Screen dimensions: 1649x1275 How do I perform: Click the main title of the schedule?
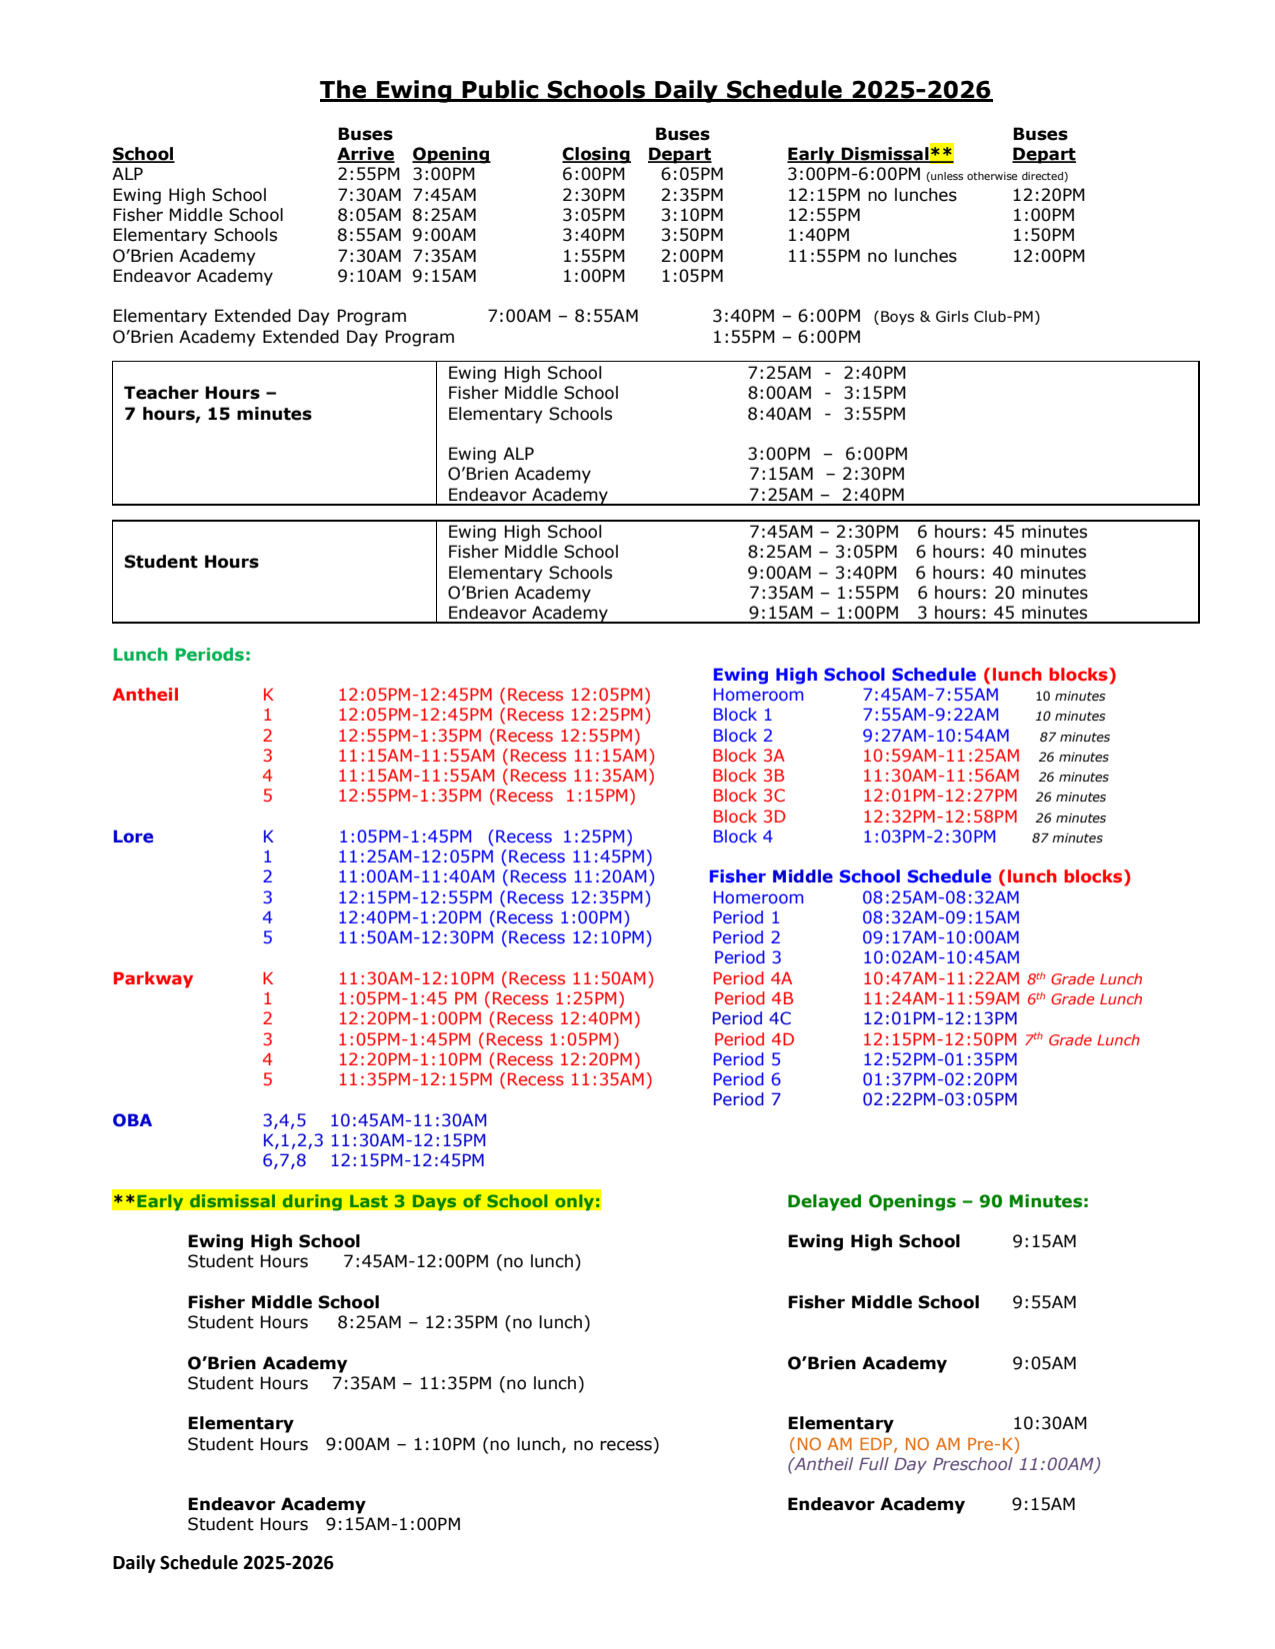(655, 90)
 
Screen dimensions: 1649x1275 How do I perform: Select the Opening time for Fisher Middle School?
(444, 215)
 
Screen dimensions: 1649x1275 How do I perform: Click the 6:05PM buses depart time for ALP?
(692, 174)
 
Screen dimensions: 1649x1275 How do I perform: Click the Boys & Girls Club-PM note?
(956, 317)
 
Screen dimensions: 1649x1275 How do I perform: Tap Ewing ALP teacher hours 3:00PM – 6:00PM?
(827, 454)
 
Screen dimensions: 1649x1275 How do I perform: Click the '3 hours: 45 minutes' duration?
(1002, 613)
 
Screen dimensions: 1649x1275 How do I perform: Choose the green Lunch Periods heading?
(181, 655)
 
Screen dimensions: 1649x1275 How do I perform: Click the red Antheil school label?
(145, 695)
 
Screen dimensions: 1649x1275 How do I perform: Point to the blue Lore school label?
(133, 836)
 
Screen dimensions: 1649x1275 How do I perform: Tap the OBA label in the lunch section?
(132, 1120)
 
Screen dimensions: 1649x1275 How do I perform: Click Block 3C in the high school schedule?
(748, 796)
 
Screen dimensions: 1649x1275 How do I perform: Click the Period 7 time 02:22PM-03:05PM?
(939, 1099)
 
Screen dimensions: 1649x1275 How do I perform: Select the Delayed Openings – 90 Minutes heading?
(937, 1201)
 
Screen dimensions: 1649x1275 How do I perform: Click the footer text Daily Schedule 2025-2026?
(223, 1563)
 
